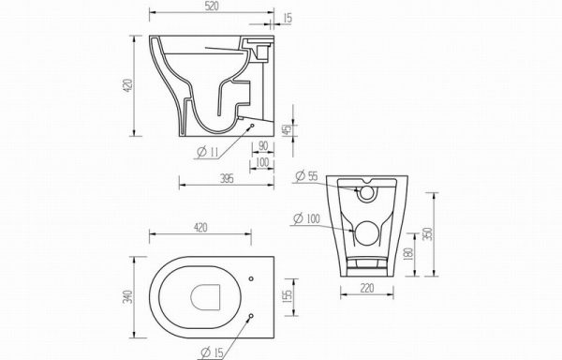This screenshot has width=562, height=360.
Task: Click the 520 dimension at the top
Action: [x=212, y=7]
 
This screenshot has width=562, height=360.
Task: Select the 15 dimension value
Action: [x=288, y=18]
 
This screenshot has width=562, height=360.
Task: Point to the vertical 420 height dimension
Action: [x=128, y=85]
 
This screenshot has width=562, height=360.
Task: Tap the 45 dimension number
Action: [x=287, y=129]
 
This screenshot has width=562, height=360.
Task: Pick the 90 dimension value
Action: [x=263, y=146]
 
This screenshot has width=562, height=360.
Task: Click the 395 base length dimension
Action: [x=227, y=178]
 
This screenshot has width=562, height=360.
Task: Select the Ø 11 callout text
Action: [x=208, y=152]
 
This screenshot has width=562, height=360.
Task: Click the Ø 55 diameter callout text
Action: [x=307, y=176]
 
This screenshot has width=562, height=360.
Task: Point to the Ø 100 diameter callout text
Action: [x=306, y=218]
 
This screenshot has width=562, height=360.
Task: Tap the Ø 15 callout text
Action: [x=212, y=352]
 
